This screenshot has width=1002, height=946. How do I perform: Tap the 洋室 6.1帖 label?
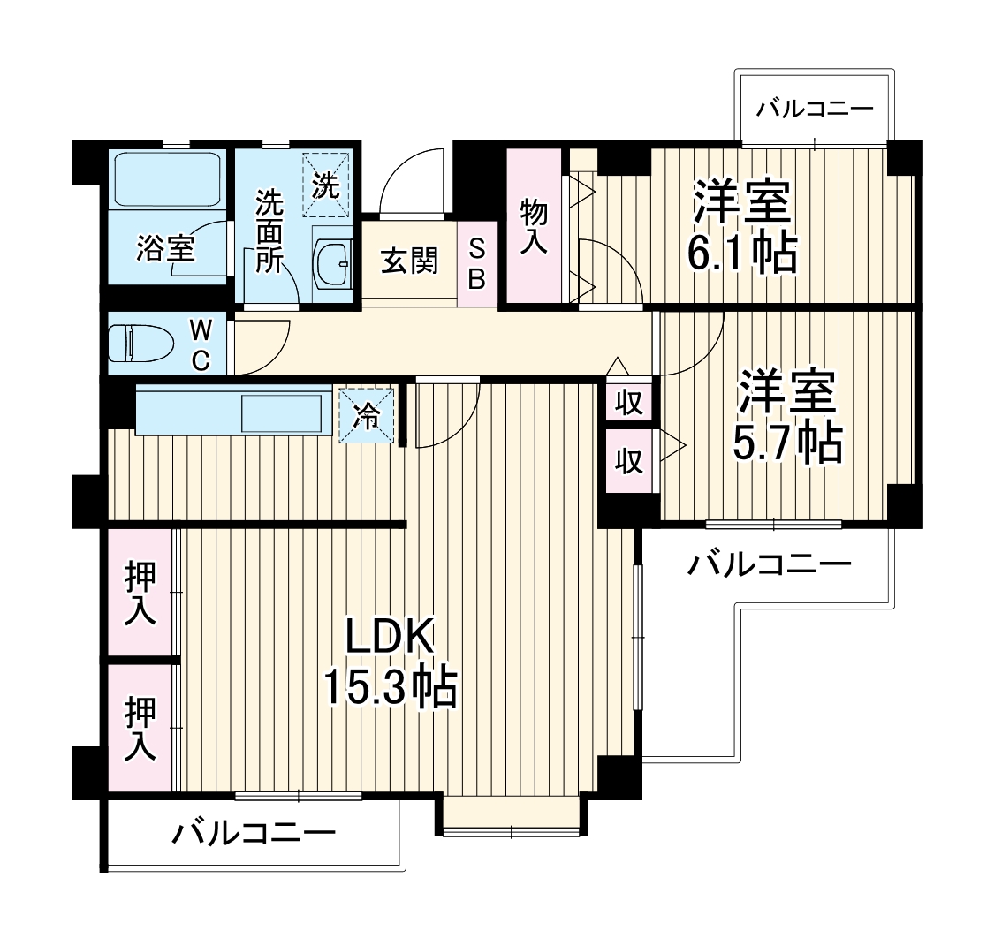pyautogui.click(x=742, y=228)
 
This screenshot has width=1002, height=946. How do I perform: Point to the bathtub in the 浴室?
pyautogui.click(x=165, y=180)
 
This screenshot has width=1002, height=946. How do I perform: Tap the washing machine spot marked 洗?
pyautogui.click(x=327, y=185)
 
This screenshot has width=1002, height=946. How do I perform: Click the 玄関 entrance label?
pyautogui.click(x=409, y=261)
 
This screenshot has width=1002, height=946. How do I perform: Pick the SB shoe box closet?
pyautogui.click(x=477, y=263)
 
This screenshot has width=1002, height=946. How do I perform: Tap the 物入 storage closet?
pyautogui.click(x=534, y=227)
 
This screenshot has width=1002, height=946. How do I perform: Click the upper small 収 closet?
pyautogui.click(x=629, y=402)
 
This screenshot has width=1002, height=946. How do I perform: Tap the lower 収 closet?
pyautogui.click(x=629, y=460)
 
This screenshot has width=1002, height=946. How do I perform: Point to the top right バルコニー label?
pyautogui.click(x=815, y=110)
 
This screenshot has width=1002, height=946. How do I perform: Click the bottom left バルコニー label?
pyautogui.click(x=254, y=833)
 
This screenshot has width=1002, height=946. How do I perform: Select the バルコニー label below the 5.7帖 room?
pyautogui.click(x=770, y=564)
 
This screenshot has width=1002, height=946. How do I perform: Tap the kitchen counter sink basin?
pyautogui.click(x=281, y=413)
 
